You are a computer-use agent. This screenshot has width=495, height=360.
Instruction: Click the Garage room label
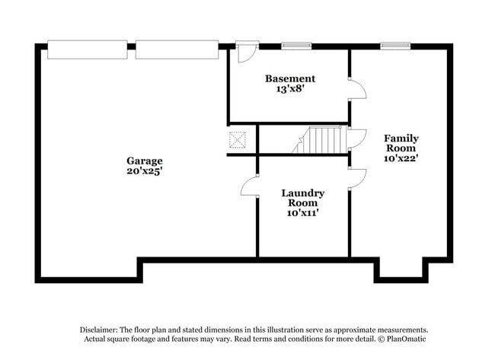point(144,161)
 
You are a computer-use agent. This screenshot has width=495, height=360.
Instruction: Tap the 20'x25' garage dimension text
point(144,172)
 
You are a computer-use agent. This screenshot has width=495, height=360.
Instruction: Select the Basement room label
point(289,78)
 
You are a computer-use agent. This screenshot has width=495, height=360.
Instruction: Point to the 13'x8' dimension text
point(289,89)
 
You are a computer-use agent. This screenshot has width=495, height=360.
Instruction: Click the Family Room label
point(401,143)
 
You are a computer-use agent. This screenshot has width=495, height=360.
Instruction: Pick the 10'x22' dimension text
point(401,159)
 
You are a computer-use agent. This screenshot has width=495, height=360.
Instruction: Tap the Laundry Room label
point(302,198)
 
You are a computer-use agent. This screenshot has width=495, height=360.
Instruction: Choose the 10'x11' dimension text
point(302,213)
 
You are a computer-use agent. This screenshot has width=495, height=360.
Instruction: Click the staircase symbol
point(320,140)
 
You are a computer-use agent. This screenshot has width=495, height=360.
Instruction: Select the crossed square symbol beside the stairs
point(238,141)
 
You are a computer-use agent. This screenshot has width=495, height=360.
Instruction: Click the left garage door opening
point(87,49)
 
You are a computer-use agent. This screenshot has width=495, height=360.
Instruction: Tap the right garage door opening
point(177,49)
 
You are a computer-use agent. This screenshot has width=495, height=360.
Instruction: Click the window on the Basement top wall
point(296,46)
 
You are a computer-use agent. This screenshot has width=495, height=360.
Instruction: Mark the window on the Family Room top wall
point(396,46)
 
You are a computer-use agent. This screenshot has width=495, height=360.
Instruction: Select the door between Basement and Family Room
point(356,89)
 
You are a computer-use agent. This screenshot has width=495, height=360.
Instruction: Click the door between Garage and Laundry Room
point(251,186)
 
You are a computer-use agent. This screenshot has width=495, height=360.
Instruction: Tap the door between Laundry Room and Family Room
point(356,177)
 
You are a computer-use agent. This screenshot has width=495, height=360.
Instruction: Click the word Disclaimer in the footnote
point(102,329)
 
